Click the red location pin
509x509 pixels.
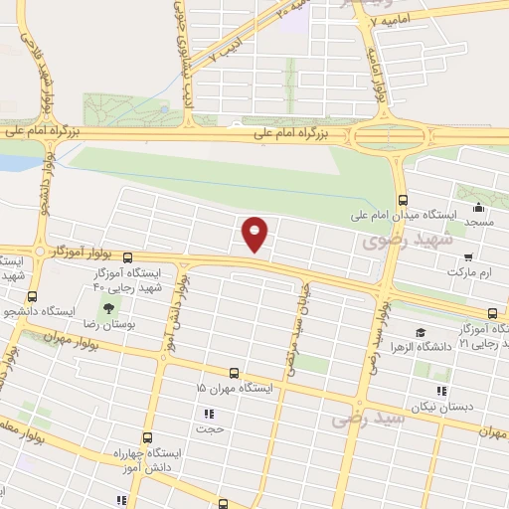(256, 234)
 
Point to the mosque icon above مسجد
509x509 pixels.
(479, 208)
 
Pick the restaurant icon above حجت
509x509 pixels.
(209, 414)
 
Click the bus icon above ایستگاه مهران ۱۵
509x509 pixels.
(235, 373)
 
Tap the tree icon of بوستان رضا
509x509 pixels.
(108, 309)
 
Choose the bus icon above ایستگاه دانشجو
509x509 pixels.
(33, 296)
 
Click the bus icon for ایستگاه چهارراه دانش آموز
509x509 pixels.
(148, 437)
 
